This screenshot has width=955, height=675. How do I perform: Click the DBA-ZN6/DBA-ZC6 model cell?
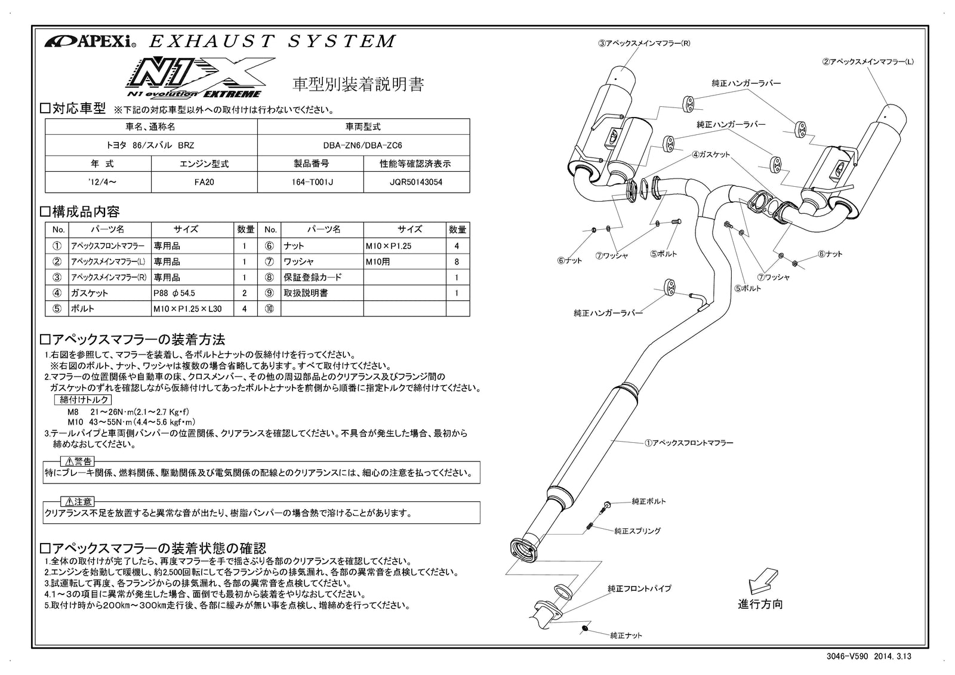tap(363, 145)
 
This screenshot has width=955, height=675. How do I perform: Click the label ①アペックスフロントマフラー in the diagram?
tap(688, 443)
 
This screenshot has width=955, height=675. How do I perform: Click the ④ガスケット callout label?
tap(711, 155)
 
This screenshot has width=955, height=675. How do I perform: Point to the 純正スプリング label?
tap(637, 531)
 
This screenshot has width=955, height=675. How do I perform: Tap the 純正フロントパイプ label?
tap(639, 588)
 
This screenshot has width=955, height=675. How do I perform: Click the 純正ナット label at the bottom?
tap(626, 636)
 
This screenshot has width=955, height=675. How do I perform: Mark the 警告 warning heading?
tap(78, 461)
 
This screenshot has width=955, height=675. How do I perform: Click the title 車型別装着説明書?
tap(358, 84)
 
